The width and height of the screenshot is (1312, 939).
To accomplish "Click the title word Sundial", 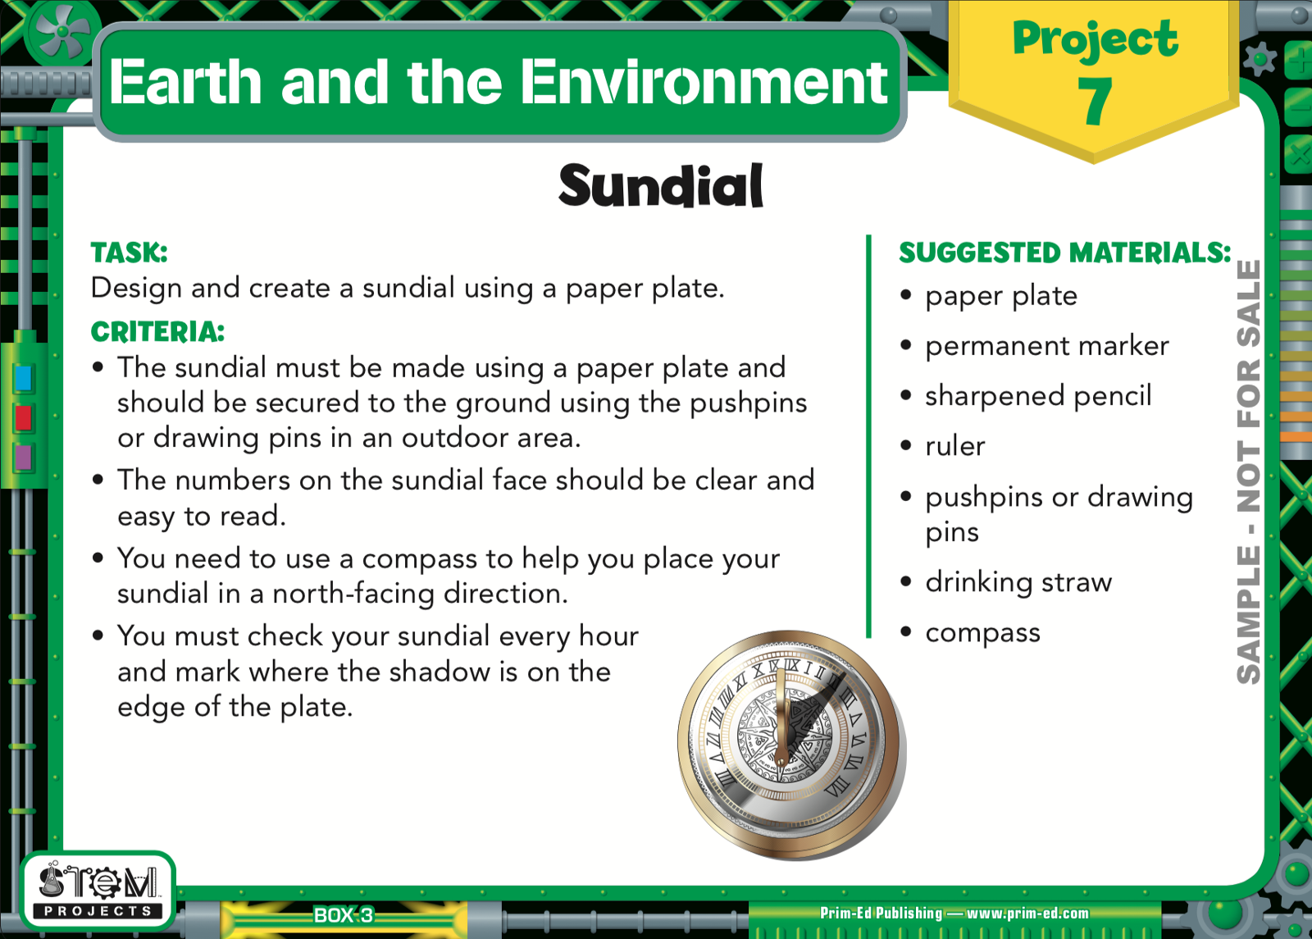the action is coord(661,185).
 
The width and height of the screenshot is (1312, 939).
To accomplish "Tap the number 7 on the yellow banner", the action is coord(1094,102).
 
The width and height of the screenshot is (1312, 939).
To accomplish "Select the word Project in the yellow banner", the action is coord(1096,40).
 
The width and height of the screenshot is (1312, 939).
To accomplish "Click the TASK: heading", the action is coord(129,253).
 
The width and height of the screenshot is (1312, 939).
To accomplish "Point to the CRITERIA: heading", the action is coord(157,332).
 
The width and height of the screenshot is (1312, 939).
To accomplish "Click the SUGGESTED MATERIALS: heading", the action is coord(1065,253).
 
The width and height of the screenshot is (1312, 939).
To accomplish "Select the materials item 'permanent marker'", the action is coord(1046,346).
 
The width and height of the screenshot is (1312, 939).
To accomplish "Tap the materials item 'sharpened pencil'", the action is coord(1038,396).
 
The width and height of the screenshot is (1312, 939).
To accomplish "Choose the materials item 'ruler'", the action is coord(954,446).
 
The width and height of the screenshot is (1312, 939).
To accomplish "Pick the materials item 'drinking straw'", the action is coord(1018,582).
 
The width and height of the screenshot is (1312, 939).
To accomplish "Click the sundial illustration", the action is coord(792,745).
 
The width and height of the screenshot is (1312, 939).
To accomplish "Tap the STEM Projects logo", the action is coord(98,890).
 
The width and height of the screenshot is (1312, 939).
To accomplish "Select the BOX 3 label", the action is coord(344,915).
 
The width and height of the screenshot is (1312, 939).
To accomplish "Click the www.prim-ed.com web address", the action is coord(1027,914).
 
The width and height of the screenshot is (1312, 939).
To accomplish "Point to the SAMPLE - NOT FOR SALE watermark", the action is coord(1248,472).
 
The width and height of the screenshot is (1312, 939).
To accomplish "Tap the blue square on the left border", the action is coord(24,378).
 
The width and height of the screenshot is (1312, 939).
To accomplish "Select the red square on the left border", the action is coord(24,418).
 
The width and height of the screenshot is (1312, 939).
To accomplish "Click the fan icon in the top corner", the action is coord(62,34).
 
